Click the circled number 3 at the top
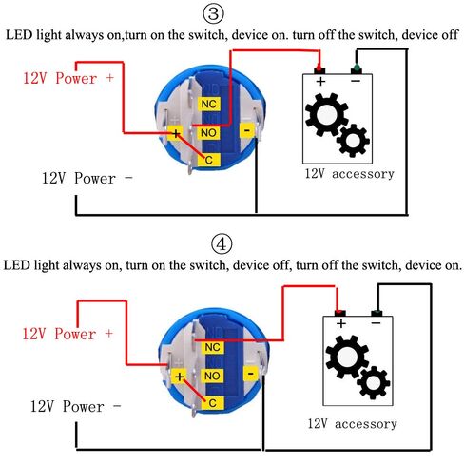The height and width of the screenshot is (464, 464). pos(213,13)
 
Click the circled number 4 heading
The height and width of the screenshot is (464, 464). pos(222,244)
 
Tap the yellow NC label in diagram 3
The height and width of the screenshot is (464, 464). pos(209,104)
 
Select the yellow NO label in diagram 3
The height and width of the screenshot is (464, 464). pos(208,133)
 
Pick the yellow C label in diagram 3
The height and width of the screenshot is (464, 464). pos(208,160)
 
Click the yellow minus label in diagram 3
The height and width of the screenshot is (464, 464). pos(247,130)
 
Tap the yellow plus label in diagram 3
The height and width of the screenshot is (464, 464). pos(176,134)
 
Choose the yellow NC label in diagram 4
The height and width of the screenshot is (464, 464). pos(212,347)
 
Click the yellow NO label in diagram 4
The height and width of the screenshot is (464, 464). pos(212,376)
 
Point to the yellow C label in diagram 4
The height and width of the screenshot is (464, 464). pos(212,403)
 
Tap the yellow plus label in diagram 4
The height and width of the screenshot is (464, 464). pos(180,377)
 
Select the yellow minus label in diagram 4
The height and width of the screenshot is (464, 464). pos(250,374)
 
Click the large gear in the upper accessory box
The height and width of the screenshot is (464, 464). pos(326,114)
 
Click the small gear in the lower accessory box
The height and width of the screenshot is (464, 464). pos(374,382)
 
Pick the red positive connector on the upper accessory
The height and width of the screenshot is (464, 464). pos(319,69)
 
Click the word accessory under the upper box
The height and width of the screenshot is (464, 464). pos(363,174)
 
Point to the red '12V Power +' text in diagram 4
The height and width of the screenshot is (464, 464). pos(68,334)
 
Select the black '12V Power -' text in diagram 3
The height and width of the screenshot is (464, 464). pos(87,179)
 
